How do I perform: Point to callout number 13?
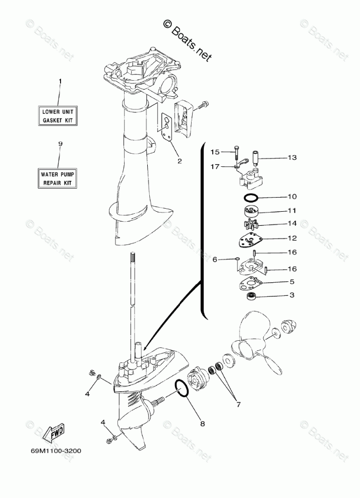292,158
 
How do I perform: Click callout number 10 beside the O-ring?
292,196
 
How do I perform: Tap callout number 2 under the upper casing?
179,161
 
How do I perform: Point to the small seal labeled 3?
252,295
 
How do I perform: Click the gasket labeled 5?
249,283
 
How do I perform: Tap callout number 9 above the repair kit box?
60,144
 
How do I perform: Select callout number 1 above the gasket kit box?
60,81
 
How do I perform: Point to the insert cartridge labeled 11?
250,210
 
